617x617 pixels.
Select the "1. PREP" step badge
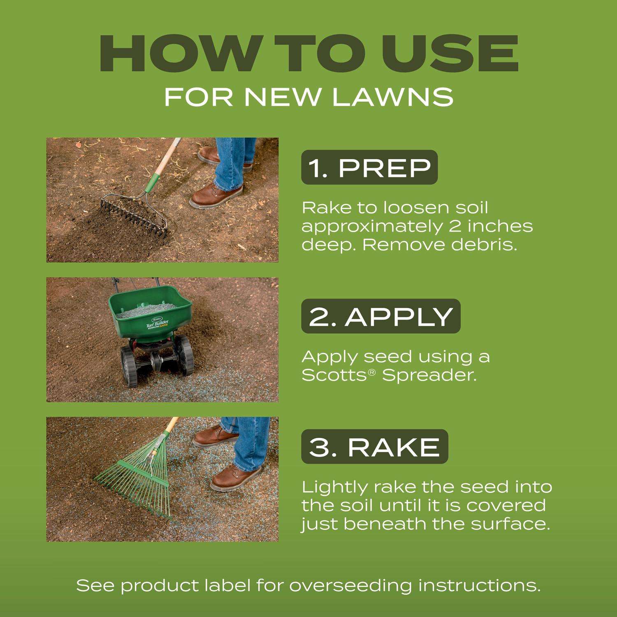click(369, 167)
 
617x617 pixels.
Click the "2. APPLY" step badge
click(381, 316)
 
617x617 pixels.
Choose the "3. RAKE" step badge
click(375, 447)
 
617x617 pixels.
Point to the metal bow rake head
click(134, 212)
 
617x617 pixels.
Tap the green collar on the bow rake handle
click(152, 181)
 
